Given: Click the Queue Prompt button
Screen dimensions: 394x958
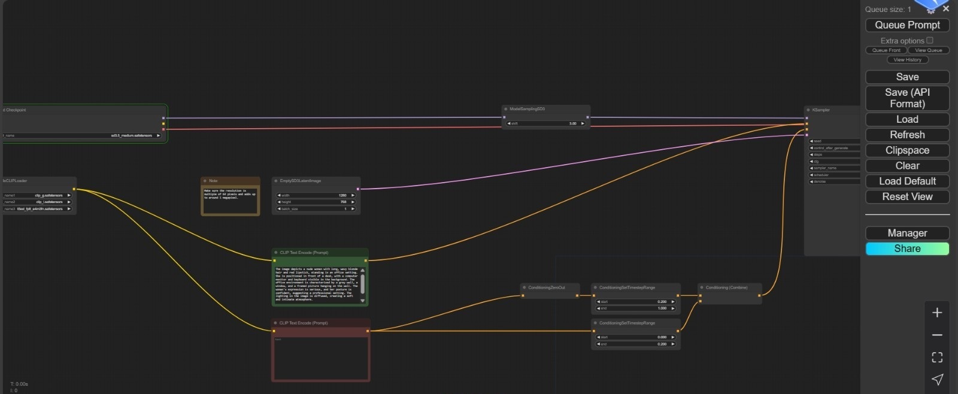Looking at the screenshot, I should pyautogui.click(x=907, y=25).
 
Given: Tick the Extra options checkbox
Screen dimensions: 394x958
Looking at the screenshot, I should pyautogui.click(x=930, y=40).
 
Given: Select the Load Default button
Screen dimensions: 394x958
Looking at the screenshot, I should pyautogui.click(x=907, y=181).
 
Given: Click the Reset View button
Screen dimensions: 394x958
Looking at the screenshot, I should pyautogui.click(x=907, y=197).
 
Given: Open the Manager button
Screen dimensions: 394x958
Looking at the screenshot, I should pyautogui.click(x=907, y=234).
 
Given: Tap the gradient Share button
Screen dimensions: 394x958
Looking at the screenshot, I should pyautogui.click(x=907, y=249).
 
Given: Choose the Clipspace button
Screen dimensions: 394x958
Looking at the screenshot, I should pyautogui.click(x=907, y=150).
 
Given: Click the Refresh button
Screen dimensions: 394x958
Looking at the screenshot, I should pyautogui.click(x=907, y=135).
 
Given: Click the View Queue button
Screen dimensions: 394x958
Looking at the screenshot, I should pyautogui.click(x=928, y=50).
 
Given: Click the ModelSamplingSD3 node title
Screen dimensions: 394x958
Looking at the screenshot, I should pyautogui.click(x=527, y=109).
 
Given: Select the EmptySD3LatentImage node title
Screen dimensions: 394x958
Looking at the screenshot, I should pyautogui.click(x=300, y=181).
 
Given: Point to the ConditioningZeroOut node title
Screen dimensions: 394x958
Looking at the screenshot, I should pyautogui.click(x=546, y=288).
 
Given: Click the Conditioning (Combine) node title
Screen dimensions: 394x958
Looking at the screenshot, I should pyautogui.click(x=726, y=288).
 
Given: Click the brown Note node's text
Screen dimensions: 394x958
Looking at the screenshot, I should pyautogui.click(x=230, y=195).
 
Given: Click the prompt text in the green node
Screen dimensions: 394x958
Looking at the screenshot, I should pyautogui.click(x=316, y=284).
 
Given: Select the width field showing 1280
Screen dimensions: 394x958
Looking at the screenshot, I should pyautogui.click(x=316, y=195).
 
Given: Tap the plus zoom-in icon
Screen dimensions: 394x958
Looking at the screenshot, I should pyautogui.click(x=937, y=313).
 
